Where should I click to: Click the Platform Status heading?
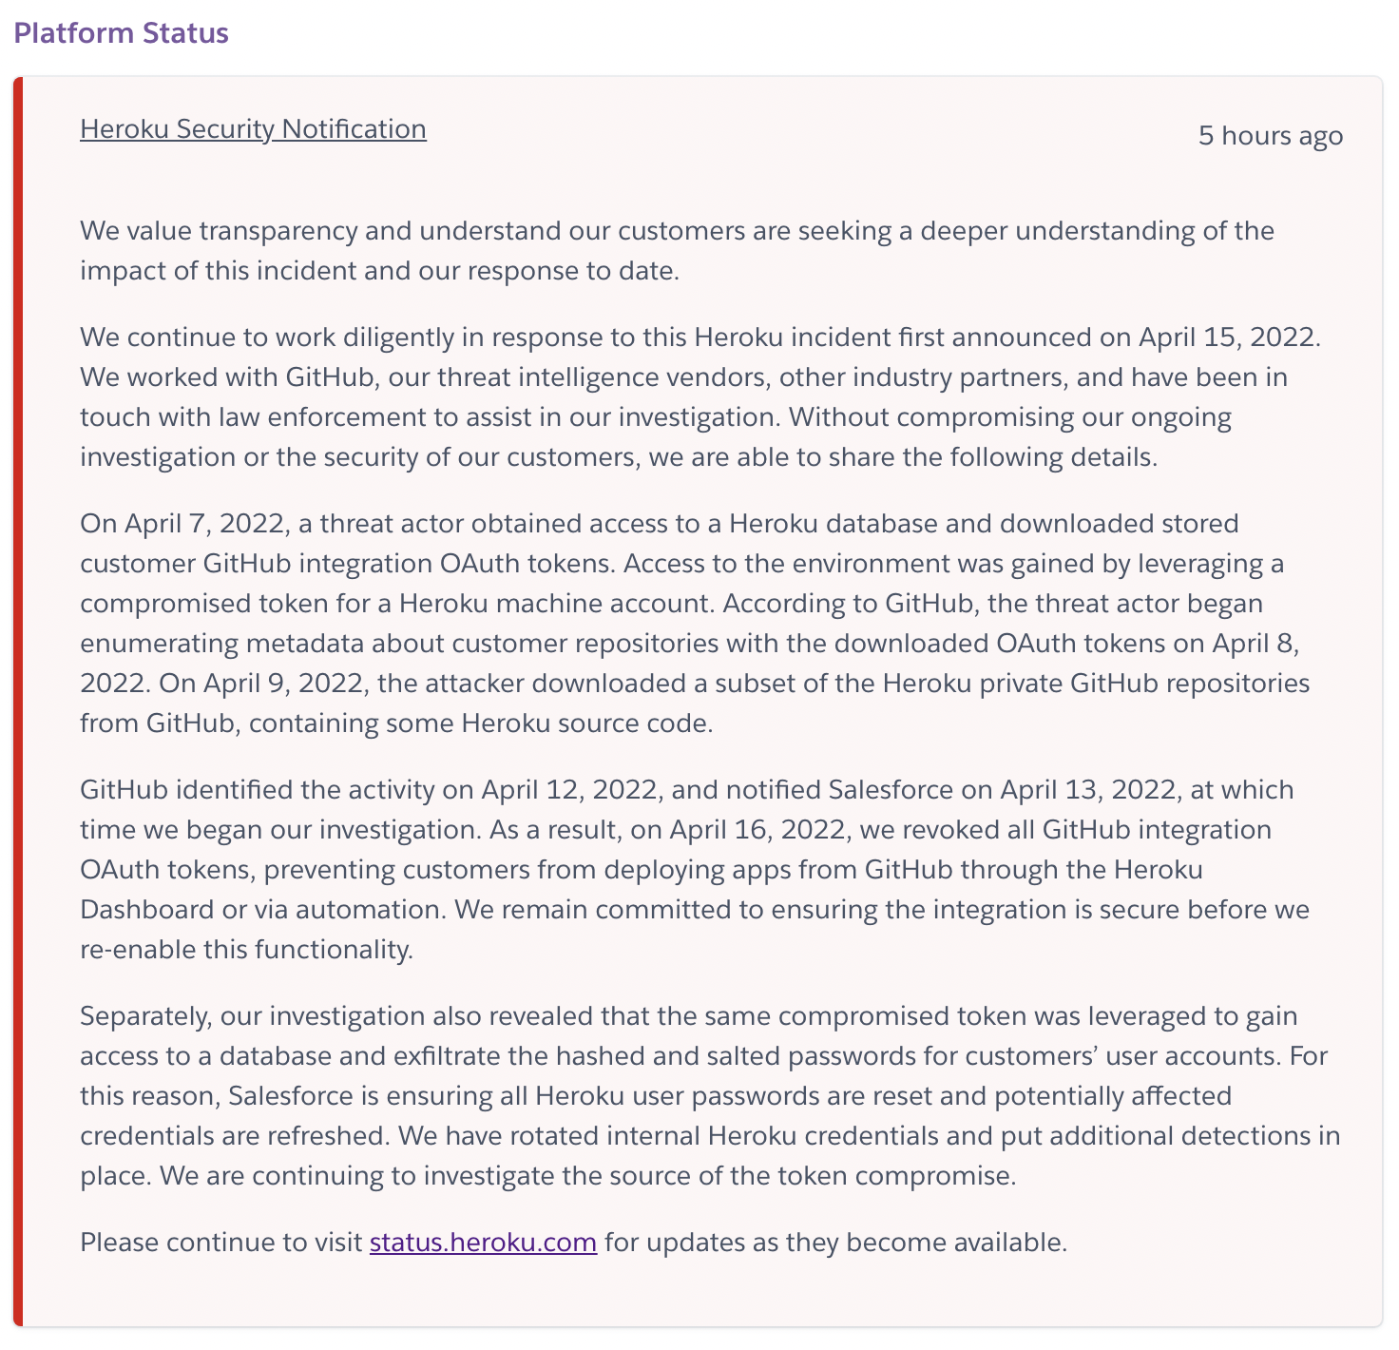[121, 33]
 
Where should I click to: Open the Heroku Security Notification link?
[253, 129]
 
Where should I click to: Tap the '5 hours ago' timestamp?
[1270, 136]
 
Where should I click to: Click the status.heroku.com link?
[483, 1243]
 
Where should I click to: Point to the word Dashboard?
[146, 910]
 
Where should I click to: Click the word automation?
[370, 910]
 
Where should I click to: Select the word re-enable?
[138, 950]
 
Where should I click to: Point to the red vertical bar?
[18, 702]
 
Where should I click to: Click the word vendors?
[721, 377]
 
